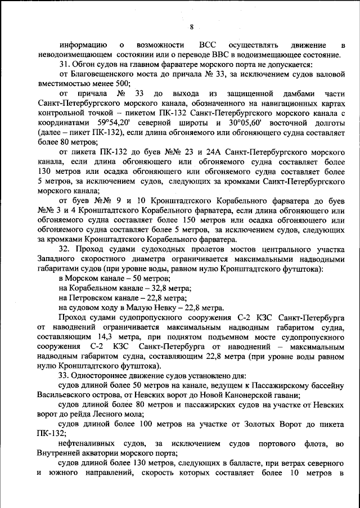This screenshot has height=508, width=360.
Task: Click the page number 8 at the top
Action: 191,27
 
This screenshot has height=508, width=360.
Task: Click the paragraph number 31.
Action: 64,64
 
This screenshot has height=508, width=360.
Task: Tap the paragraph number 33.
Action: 64,375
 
